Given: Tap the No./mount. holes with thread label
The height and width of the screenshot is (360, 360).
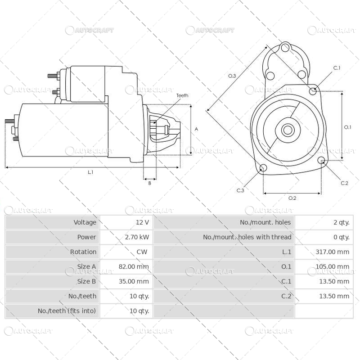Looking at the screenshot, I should click(247, 237).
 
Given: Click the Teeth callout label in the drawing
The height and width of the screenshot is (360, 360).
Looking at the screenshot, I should click(182, 95).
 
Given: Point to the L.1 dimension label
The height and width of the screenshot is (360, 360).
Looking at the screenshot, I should click(90, 172).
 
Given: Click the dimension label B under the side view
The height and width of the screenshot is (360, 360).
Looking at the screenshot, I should click(149, 183).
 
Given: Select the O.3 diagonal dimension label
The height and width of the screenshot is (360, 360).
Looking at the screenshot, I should click(232, 76).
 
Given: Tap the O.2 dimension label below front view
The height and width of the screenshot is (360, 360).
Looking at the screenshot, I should click(292, 198).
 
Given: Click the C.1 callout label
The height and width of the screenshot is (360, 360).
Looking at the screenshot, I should click(337, 68).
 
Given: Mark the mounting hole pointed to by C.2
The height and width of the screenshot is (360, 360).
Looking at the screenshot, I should click(321, 161).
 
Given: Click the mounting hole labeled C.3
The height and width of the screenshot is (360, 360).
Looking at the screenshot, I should click(263, 168).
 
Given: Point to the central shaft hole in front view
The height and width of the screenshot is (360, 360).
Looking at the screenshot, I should click(287, 130).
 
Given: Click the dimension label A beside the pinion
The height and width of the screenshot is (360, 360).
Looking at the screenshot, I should click(196, 129).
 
